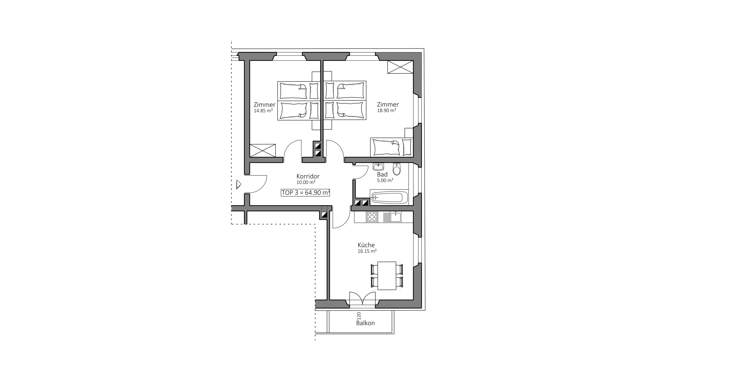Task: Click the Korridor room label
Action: pos(308,176)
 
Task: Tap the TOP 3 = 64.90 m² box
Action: pos(306,192)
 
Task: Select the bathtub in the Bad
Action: pos(389,198)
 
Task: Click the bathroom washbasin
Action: pos(378,167)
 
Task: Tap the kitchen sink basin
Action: pos(395,217)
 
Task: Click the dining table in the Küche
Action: pos(387,276)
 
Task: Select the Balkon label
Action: pos(365,323)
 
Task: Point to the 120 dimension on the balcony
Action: pos(359,316)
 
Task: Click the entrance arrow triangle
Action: pos(239,184)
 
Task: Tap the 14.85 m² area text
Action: pos(263,111)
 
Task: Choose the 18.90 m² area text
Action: pos(387,110)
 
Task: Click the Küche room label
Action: pos(366,245)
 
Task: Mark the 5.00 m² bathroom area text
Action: pos(385,180)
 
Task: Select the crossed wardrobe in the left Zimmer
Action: pos(263,150)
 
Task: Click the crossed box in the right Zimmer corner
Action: pos(400,67)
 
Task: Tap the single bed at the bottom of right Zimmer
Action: pos(391,147)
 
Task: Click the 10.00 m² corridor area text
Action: pos(306,182)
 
